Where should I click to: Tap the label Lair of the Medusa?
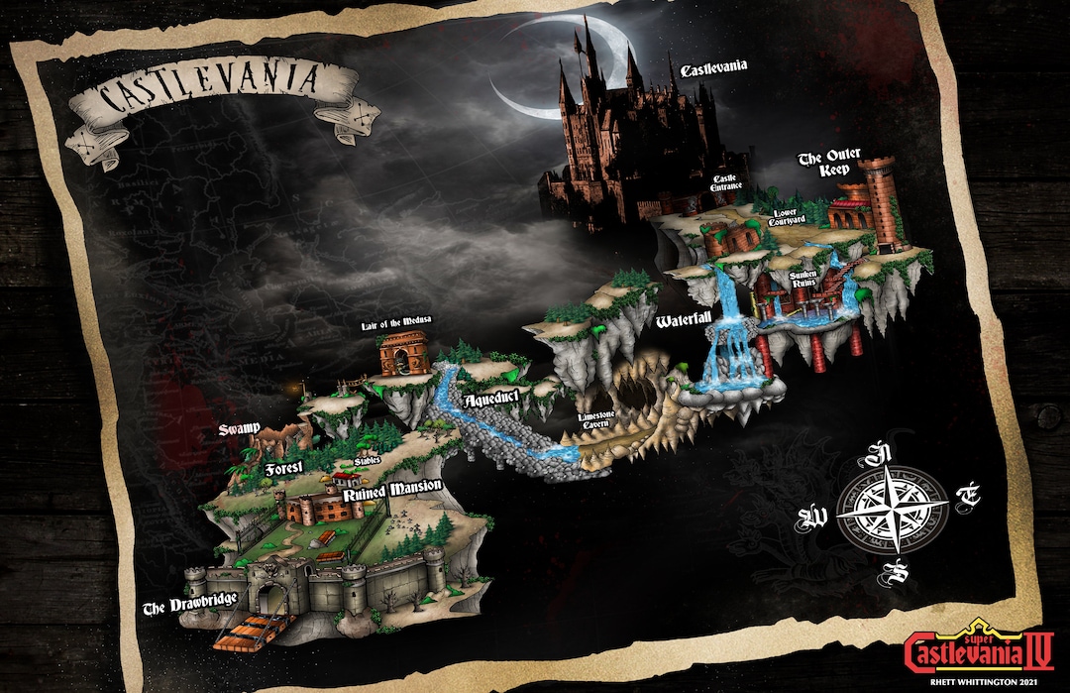tap(394, 325)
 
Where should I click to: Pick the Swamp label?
tap(241, 430)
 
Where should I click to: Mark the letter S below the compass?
tap(898, 572)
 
